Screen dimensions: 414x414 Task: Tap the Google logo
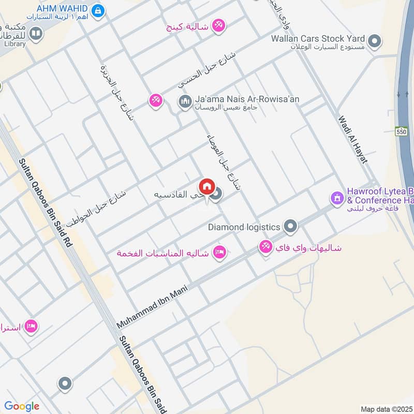click(22, 406)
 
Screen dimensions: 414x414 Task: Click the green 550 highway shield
click(402, 131)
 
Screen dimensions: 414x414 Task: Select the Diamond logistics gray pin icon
click(291, 226)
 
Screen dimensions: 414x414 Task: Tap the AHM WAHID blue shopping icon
click(97, 10)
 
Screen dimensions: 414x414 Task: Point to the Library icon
click(36, 34)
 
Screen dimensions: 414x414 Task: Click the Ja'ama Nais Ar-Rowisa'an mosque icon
click(185, 102)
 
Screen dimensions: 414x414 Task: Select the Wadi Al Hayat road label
click(352, 139)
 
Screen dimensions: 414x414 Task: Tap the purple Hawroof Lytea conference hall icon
click(337, 198)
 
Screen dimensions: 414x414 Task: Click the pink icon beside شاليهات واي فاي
click(266, 247)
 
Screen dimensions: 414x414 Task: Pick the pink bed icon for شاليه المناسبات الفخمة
click(219, 253)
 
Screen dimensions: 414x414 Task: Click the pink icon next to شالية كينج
click(219, 26)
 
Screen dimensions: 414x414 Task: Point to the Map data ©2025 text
click(386, 409)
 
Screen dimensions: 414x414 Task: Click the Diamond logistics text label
click(244, 227)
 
